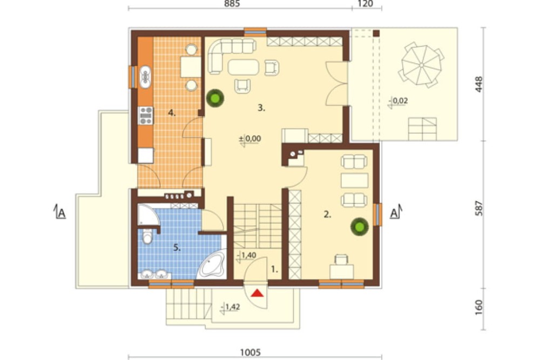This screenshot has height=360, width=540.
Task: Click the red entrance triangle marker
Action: [257, 293]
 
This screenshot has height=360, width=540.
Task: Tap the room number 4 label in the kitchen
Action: [172, 113]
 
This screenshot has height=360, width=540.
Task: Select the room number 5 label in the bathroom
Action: [177, 247]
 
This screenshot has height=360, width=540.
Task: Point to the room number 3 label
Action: [261, 108]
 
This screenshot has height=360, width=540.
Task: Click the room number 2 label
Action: [327, 215]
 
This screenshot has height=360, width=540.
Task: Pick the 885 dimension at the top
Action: [232, 4]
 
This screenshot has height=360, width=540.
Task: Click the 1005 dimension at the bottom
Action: [251, 352]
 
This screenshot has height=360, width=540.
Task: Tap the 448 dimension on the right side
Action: [478, 84]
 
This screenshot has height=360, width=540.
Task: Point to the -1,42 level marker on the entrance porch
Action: [231, 307]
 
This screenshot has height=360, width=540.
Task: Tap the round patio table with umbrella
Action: [422, 65]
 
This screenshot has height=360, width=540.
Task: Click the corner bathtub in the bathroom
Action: [212, 264]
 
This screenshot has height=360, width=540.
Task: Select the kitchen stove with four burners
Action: [146, 116]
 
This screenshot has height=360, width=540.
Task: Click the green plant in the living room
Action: [215, 98]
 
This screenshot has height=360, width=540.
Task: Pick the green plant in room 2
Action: [360, 226]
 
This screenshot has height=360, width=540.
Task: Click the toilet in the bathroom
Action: [148, 236]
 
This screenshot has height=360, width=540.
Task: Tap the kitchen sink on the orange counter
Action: [145, 77]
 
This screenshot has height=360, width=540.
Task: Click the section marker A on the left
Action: [60, 212]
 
